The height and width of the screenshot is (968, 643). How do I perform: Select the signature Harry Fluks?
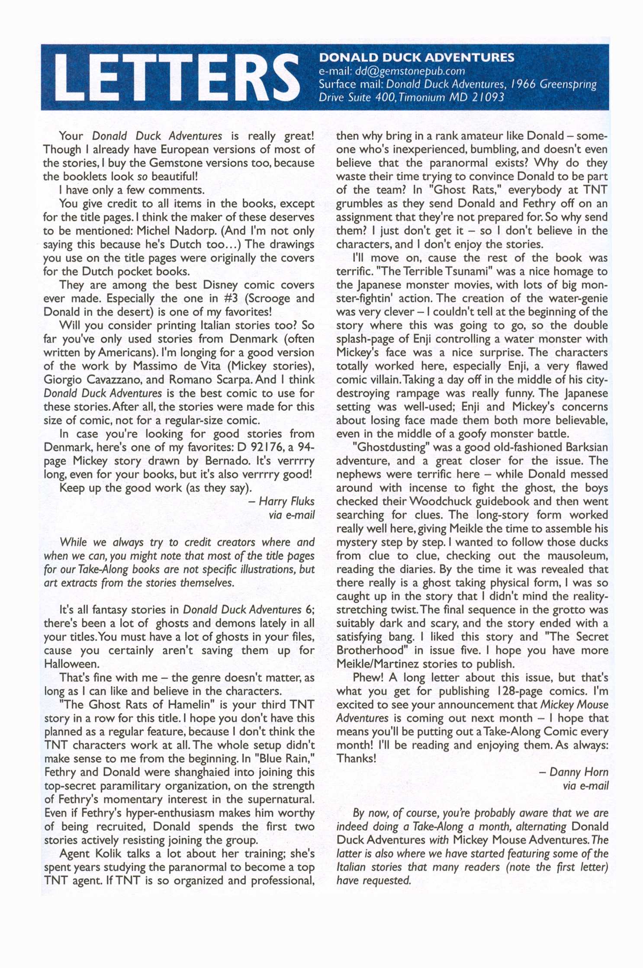(286, 501)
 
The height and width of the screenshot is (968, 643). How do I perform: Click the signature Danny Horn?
(579, 772)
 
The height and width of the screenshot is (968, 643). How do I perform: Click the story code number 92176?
(261, 447)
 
